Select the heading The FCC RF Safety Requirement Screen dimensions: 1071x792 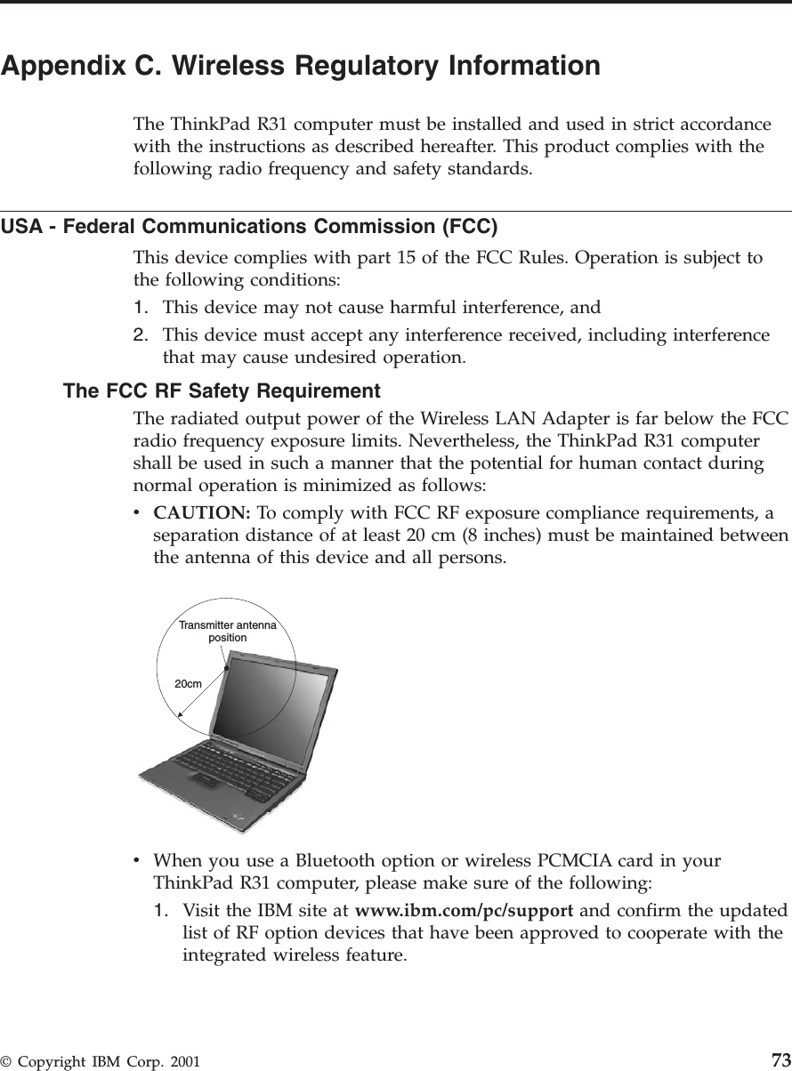(222, 391)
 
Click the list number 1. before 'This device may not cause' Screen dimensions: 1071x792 (141, 308)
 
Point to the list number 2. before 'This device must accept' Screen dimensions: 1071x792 (141, 334)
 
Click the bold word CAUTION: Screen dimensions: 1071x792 (202, 513)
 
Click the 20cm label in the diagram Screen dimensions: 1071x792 (188, 683)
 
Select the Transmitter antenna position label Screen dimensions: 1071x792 (227, 632)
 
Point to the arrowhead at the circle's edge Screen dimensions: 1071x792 (181, 713)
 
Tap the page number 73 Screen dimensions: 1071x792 (780, 1059)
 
